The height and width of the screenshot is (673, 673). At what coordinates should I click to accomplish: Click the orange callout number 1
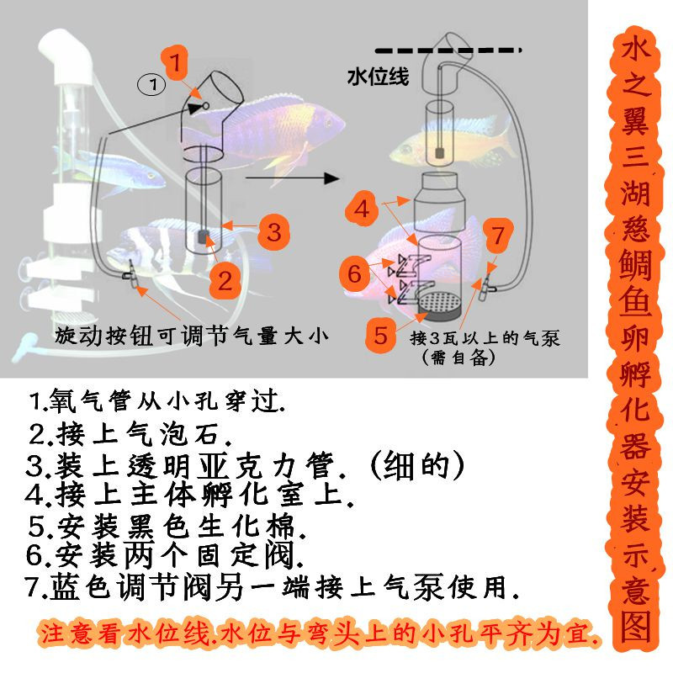point(175,61)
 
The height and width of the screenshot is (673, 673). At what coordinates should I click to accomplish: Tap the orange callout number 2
point(225,279)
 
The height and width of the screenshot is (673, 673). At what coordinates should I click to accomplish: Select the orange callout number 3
point(273,229)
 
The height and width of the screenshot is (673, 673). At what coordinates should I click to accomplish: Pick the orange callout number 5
point(381,336)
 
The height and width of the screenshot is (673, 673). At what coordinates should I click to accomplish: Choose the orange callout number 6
point(356,273)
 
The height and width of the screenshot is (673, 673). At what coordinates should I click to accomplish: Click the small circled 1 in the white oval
point(152,84)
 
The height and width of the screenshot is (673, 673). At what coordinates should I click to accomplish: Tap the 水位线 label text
point(378,77)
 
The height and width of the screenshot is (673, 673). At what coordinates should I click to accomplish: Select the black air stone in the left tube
point(204,239)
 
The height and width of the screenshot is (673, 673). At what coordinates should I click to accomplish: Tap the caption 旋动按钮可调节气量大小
point(190,334)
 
